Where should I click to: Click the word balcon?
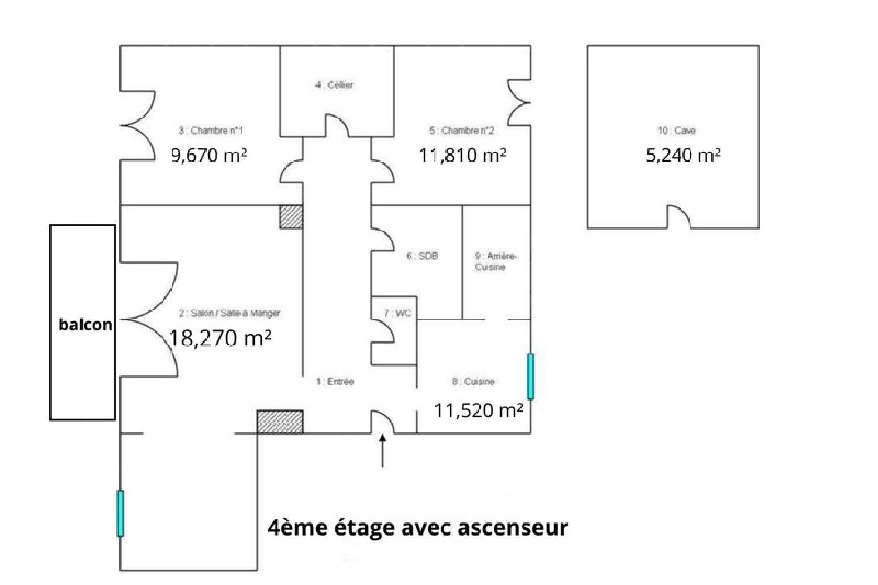85,324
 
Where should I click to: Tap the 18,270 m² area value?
220,338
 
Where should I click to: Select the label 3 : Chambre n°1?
211,131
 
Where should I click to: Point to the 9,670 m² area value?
209,155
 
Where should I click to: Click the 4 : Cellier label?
334,85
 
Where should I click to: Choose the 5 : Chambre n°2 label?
461,131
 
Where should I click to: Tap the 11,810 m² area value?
462,155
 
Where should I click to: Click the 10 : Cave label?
677,131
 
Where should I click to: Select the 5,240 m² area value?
683,155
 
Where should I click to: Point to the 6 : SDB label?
422,256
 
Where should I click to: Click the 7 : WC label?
397,313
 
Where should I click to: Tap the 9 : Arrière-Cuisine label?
495,261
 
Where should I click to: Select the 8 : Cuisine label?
473,382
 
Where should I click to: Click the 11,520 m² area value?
478,410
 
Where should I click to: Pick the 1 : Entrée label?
335,382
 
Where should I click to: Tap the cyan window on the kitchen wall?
530,376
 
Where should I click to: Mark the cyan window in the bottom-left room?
121,514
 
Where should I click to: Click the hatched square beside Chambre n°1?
291,217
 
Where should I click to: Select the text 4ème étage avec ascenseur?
417,528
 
